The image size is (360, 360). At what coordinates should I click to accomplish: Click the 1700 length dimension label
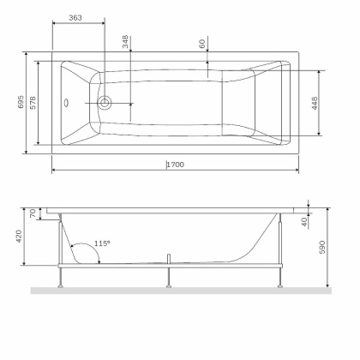176,164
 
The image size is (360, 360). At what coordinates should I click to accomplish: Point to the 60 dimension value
202,44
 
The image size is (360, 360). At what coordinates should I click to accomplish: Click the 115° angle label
102,243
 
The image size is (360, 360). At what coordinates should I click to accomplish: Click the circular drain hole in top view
105,103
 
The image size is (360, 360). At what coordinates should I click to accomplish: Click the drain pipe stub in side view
171,259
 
